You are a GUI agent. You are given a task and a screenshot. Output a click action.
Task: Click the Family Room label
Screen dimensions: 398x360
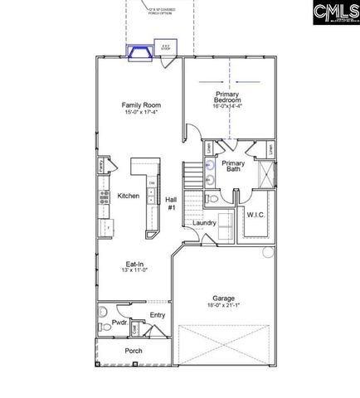click(x=141, y=105)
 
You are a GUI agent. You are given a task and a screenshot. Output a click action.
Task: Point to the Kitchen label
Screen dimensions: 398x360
click(x=129, y=196)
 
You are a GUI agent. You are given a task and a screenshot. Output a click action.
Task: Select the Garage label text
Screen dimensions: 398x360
click(x=223, y=298)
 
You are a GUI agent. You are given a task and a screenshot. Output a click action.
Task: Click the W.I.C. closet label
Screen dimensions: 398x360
click(x=255, y=214)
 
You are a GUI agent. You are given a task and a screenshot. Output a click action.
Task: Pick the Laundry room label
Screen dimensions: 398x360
click(x=204, y=223)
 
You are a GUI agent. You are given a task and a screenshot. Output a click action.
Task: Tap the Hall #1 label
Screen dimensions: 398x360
click(x=171, y=203)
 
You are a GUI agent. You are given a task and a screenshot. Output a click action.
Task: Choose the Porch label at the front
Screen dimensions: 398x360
click(x=133, y=351)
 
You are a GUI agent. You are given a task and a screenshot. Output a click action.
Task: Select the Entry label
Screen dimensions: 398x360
click(x=157, y=315)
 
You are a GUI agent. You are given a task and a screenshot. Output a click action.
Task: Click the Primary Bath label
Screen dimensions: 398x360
click(x=233, y=167)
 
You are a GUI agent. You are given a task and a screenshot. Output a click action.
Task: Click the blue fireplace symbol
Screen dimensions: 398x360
click(x=138, y=54)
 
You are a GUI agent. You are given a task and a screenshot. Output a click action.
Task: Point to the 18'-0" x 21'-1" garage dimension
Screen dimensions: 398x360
click(x=223, y=306)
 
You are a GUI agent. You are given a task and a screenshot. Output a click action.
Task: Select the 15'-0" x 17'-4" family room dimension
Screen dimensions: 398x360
click(x=141, y=113)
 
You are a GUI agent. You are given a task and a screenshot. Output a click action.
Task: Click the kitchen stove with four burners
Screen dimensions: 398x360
click(x=105, y=197)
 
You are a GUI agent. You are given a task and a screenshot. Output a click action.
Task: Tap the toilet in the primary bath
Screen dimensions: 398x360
click(x=212, y=199)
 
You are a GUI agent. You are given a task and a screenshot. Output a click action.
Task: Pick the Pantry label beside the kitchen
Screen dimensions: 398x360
click(x=100, y=164)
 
